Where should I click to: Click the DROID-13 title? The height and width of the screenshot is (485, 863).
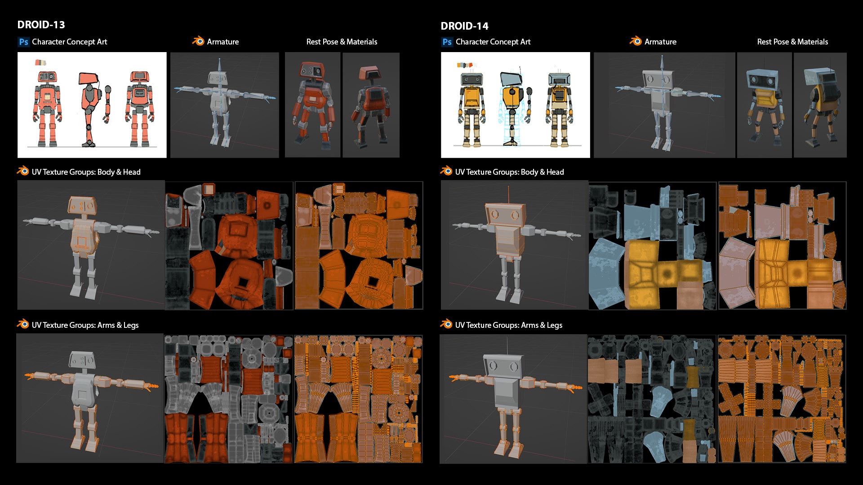pyautogui.click(x=41, y=25)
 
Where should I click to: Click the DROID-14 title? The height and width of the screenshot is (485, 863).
pyautogui.click(x=464, y=26)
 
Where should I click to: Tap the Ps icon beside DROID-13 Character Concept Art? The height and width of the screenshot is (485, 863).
pyautogui.click(x=23, y=42)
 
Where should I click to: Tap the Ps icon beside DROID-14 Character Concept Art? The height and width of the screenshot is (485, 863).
pyautogui.click(x=447, y=42)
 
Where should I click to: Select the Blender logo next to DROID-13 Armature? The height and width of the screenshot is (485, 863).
pyautogui.click(x=198, y=41)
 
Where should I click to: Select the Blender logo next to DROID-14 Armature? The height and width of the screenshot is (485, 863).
pyautogui.click(x=636, y=41)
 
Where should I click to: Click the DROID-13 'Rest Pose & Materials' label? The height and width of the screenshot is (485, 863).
pyautogui.click(x=342, y=42)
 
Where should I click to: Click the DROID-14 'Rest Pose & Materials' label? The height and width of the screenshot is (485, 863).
pyautogui.click(x=792, y=42)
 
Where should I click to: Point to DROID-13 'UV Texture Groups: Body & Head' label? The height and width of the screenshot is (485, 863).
pyautogui.click(x=86, y=172)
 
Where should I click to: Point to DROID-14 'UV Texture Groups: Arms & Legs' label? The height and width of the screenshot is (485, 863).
pyautogui.click(x=508, y=325)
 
